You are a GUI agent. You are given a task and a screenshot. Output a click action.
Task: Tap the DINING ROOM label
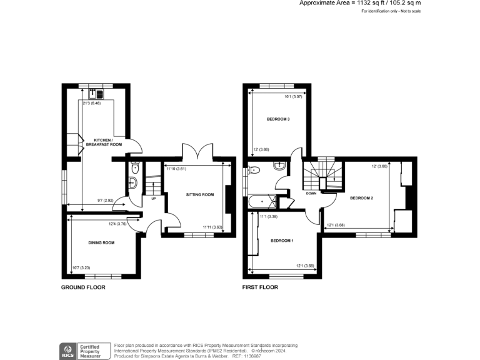pos(101,242)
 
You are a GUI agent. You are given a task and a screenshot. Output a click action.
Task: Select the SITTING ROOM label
pos(200,194)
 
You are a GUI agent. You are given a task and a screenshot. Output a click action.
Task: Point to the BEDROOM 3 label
pos(278,119)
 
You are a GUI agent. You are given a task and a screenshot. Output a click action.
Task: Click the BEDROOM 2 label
pos(361,198)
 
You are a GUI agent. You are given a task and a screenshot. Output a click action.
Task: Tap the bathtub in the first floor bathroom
pos(262,202)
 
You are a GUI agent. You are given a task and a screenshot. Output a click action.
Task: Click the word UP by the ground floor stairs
pos(153,199)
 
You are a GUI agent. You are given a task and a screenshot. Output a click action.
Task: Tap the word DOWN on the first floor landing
pos(311,193)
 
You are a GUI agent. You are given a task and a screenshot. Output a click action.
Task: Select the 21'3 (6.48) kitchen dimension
pos(92,104)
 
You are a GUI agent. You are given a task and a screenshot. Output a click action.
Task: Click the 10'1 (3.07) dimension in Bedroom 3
pos(293,96)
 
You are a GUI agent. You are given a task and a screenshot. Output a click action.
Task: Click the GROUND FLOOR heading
pos(83,287)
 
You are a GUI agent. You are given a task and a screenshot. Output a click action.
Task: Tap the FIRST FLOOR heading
pos(260,287)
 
